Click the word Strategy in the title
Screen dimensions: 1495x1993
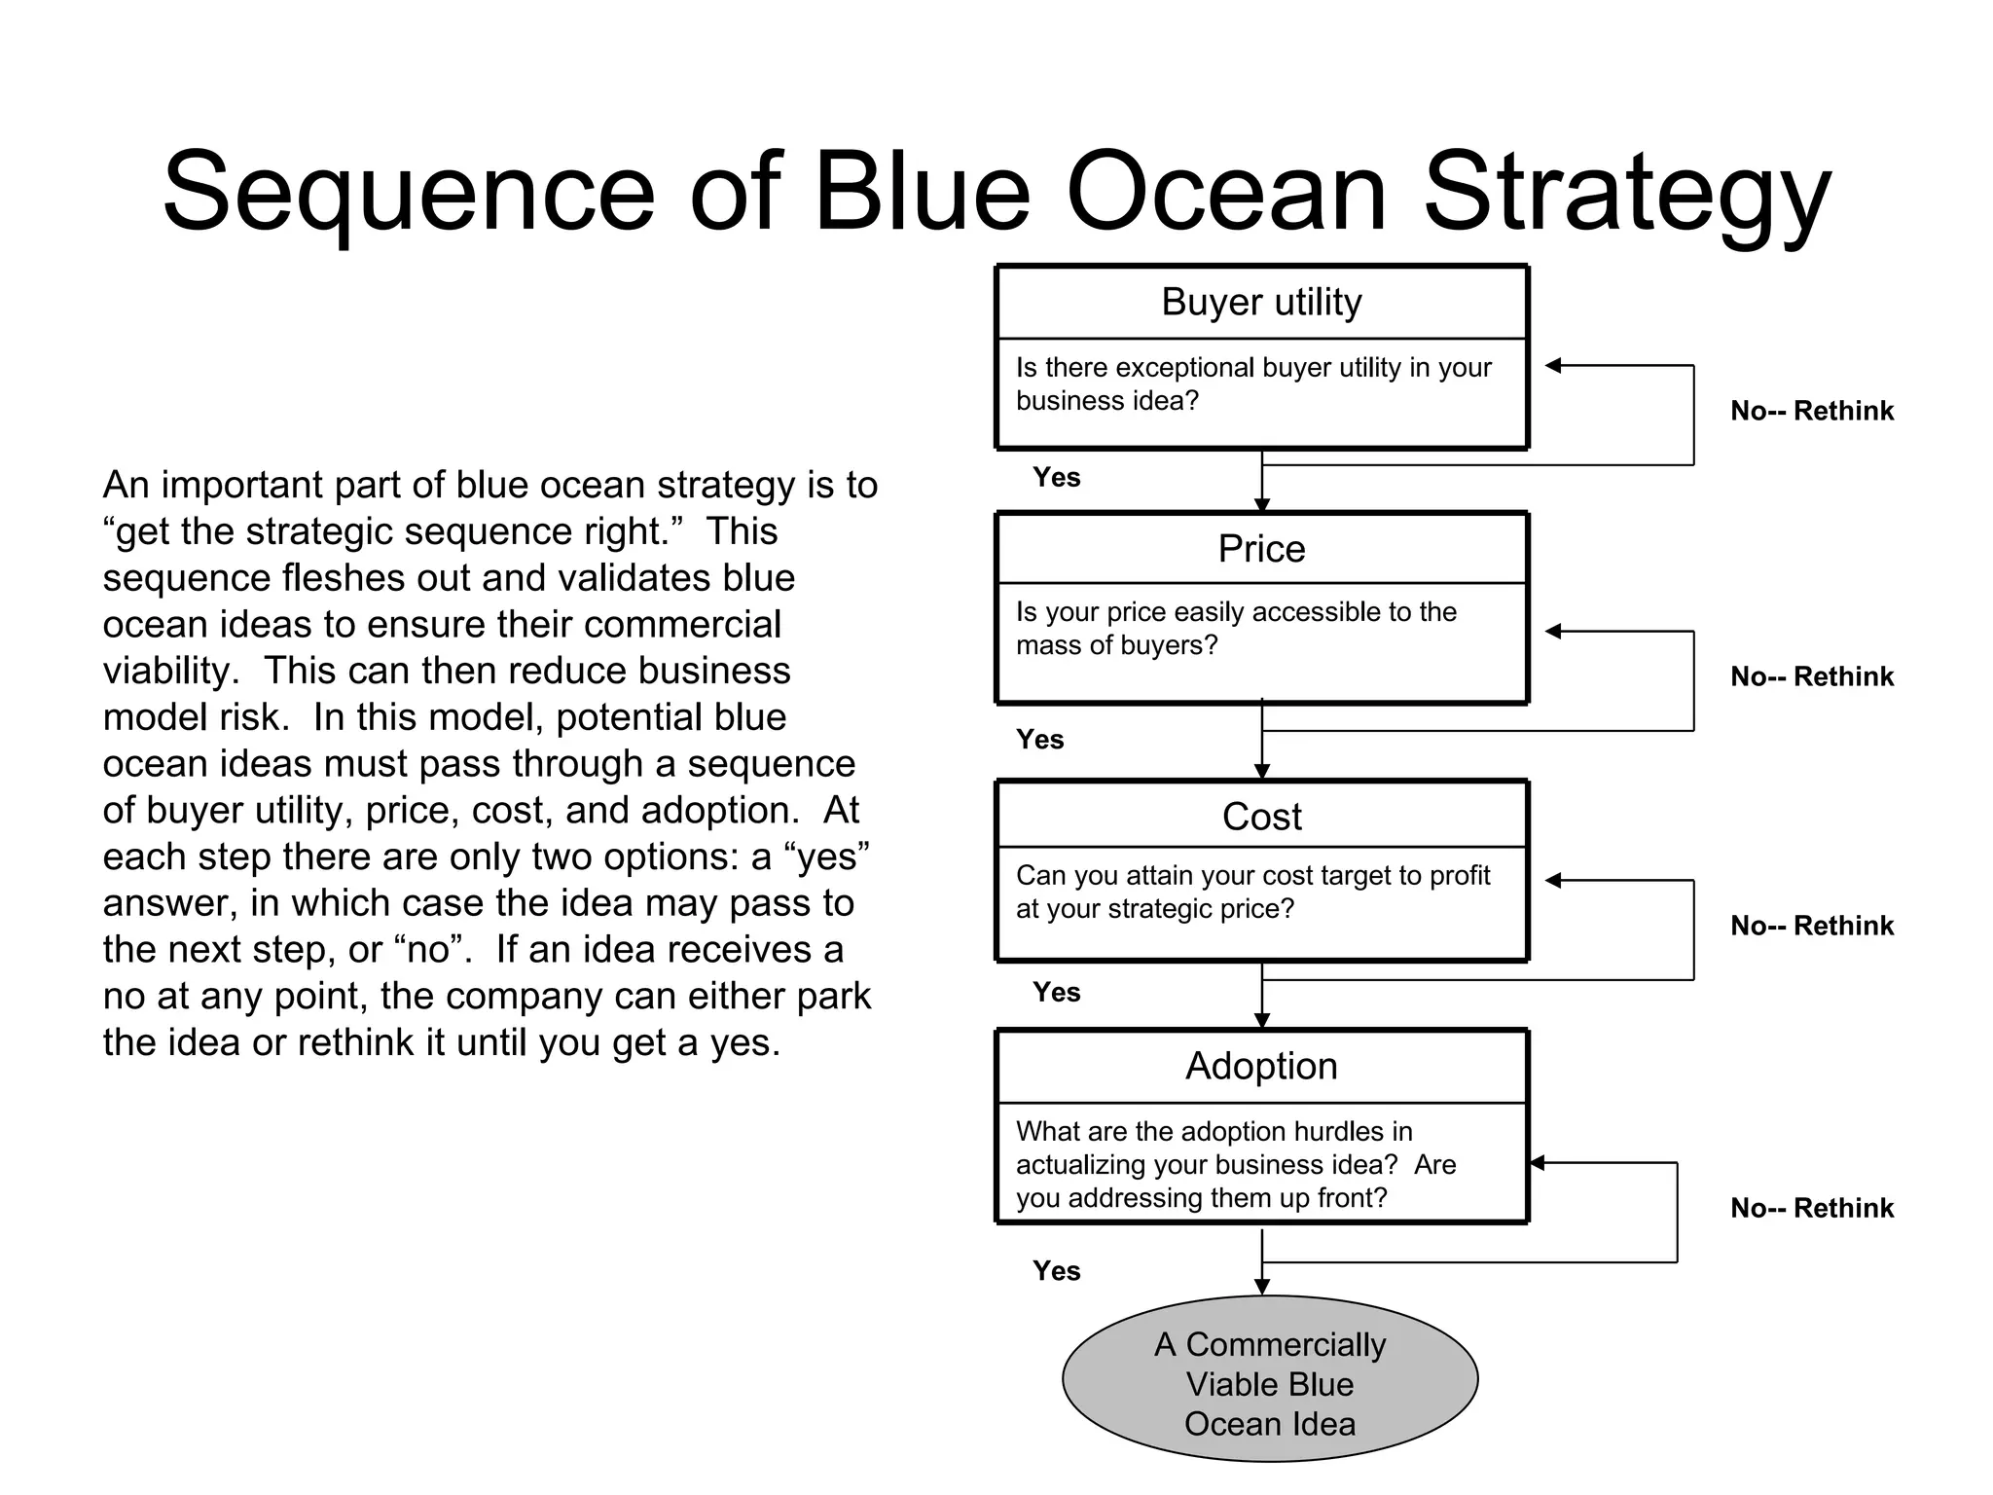click(x=1627, y=193)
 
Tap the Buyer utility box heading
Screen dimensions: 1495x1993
click(x=1261, y=303)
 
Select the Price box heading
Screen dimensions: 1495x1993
click(x=1261, y=549)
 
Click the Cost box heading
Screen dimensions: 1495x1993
click(x=1261, y=817)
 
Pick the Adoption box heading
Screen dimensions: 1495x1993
click(x=1261, y=1066)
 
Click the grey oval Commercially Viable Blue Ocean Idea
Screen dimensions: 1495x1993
click(x=1269, y=1382)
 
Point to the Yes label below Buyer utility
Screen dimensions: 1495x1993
click(x=1057, y=477)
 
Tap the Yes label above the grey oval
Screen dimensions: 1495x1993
click(x=1057, y=1270)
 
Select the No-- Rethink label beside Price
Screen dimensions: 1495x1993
click(x=1811, y=676)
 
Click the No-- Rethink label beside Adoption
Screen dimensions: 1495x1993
click(x=1811, y=1208)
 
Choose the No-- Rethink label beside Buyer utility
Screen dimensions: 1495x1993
click(x=1811, y=411)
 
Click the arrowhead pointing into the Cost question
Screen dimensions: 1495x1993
click(x=1553, y=880)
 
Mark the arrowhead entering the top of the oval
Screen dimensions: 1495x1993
click(x=1262, y=1287)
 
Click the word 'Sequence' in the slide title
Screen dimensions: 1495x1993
click(x=409, y=193)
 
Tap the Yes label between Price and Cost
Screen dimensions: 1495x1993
click(x=1040, y=740)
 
